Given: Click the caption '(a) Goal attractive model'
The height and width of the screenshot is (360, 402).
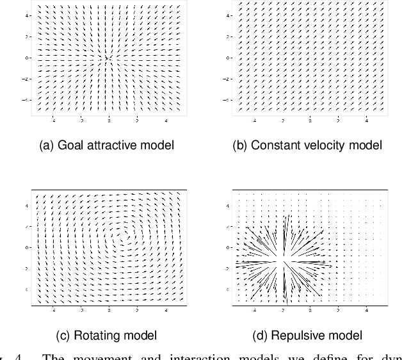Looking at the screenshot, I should click(106, 145).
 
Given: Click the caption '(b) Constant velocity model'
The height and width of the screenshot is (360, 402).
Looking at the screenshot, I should click(307, 145).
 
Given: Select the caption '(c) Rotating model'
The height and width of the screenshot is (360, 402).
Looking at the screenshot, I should click(106, 335).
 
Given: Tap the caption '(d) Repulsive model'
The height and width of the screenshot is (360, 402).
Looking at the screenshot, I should click(307, 335).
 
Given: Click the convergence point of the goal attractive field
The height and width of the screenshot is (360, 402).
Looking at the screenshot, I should click(108, 58).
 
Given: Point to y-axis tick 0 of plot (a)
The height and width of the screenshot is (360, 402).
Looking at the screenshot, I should click(28, 58).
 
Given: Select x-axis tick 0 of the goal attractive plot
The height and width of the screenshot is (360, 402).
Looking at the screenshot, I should click(109, 120).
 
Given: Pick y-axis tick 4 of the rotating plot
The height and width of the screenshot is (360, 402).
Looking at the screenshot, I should click(28, 206).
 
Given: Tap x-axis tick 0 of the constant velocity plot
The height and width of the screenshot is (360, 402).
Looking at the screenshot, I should click(310, 120).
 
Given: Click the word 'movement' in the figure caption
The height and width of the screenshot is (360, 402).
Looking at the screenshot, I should click(92, 356).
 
